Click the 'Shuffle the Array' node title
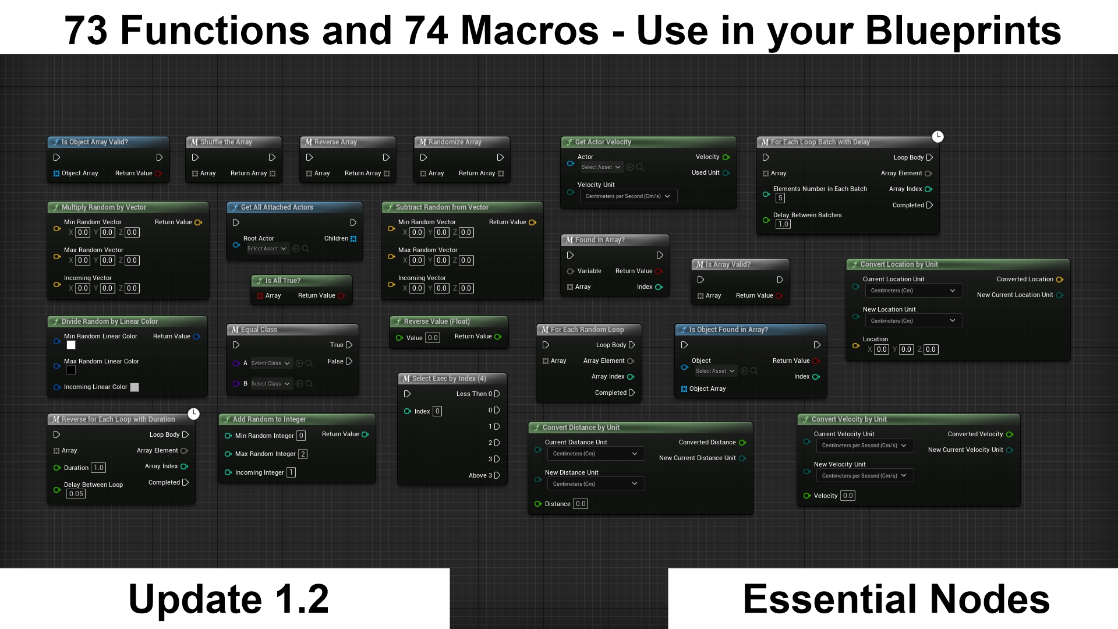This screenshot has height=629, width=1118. coord(226,142)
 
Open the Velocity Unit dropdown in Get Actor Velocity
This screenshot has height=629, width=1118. coord(628,196)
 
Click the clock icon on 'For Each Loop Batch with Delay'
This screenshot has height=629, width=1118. coord(937,136)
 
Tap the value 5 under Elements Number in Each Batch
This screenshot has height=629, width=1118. coord(780,198)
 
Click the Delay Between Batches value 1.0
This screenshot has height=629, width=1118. coord(783,224)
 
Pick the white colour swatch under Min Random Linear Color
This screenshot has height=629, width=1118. coord(71,345)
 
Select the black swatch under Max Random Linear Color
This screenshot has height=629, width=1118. coord(71,370)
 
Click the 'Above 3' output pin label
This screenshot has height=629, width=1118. coord(480,476)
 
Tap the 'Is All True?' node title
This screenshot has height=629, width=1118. coord(283,281)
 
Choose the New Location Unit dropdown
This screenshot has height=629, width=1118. coord(913,321)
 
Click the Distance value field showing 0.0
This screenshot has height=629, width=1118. coord(581,504)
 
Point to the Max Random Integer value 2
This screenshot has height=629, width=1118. coord(303,454)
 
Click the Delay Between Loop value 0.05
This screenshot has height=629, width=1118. coord(76,494)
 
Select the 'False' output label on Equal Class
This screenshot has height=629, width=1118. coord(335,362)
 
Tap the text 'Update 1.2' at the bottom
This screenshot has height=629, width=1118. coord(229,599)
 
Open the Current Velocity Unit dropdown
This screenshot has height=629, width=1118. coord(865,446)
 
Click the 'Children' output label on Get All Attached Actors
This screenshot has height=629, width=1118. coord(336,239)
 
